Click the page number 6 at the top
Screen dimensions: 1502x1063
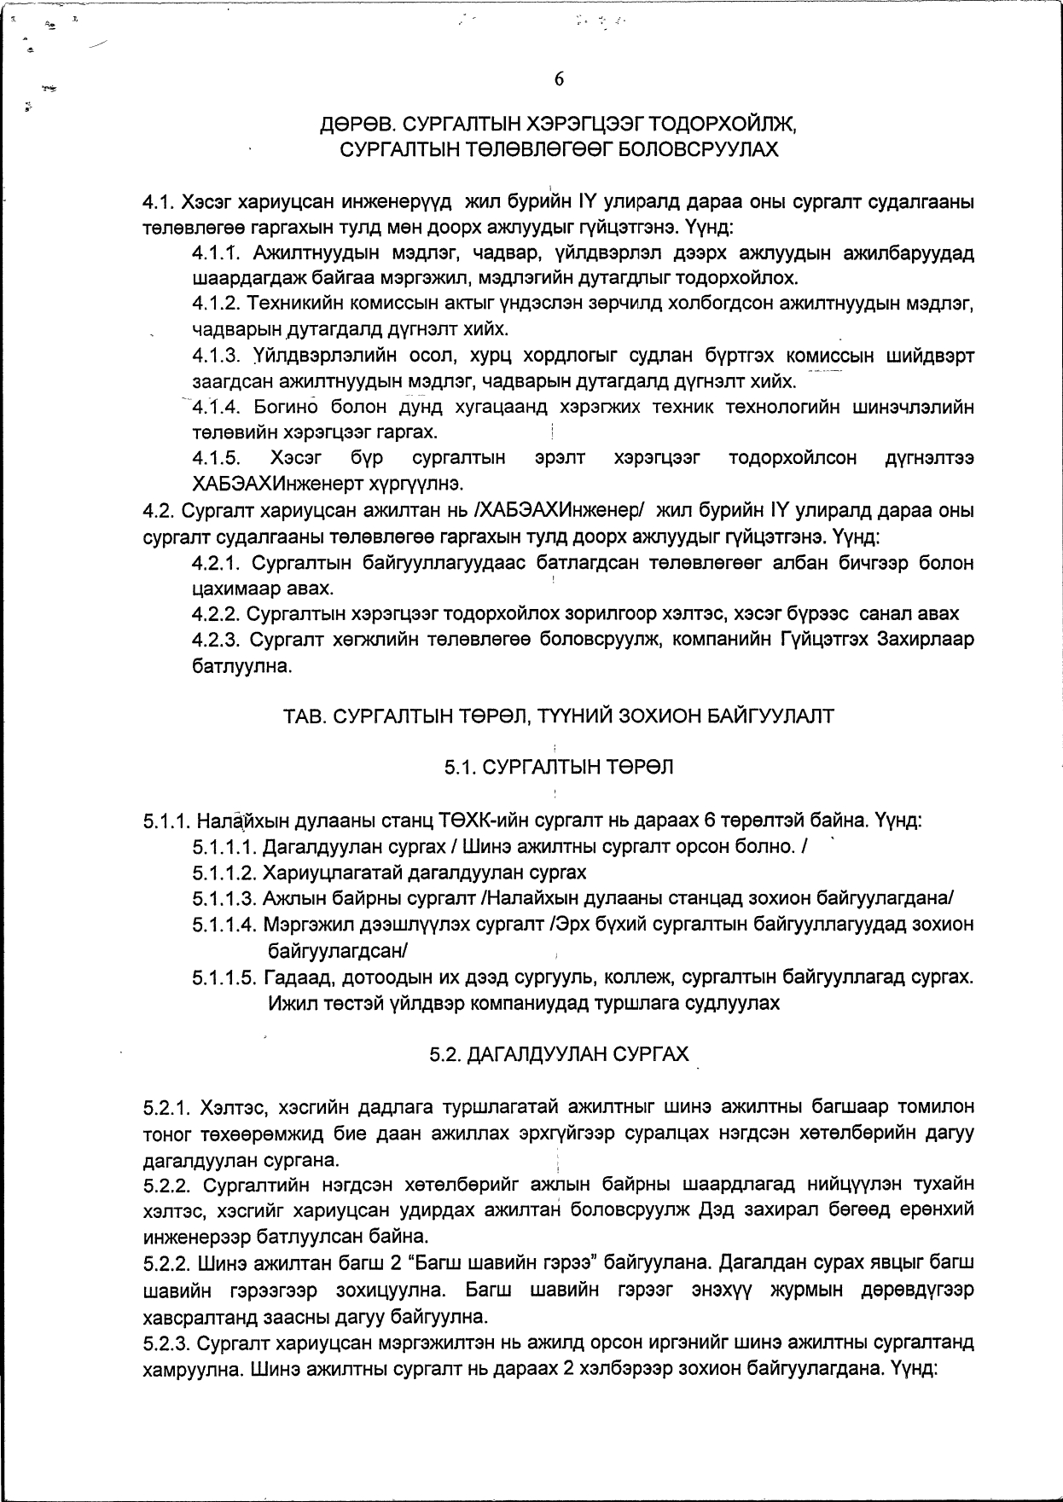click(x=559, y=79)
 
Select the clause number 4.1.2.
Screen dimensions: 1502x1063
click(x=218, y=304)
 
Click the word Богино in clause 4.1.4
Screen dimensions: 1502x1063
click(x=286, y=407)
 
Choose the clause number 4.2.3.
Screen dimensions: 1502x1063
click(x=218, y=639)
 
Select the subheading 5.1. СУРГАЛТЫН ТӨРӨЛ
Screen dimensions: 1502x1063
click(x=559, y=768)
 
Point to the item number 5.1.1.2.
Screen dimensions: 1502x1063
click(x=224, y=873)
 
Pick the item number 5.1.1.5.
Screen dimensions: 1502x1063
click(x=224, y=977)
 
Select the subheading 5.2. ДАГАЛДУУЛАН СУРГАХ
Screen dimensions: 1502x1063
click(x=559, y=1055)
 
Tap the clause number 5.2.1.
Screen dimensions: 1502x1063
click(x=168, y=1108)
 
